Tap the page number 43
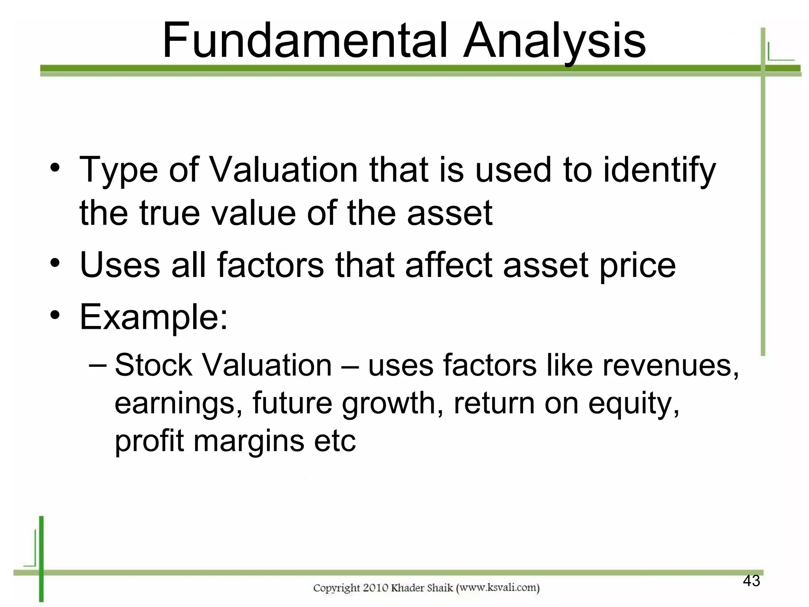pos(751,581)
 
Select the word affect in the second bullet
pos(449,265)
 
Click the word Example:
pos(154,317)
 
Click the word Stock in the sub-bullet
pos(153,365)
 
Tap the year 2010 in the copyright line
pos(375,588)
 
